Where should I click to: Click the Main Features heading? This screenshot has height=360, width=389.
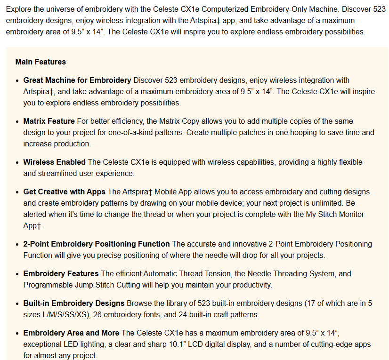[41, 62]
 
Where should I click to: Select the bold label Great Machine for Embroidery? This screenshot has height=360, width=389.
[77, 80]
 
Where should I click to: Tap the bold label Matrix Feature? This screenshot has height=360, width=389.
[49, 121]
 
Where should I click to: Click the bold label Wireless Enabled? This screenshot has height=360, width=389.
[54, 162]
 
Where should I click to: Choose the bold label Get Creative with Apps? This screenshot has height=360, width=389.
[65, 192]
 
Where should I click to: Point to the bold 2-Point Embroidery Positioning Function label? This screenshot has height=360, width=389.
[97, 244]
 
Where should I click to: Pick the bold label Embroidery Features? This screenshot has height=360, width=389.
[61, 273]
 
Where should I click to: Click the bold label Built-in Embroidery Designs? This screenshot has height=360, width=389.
[74, 303]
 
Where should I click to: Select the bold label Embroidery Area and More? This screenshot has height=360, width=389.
[71, 333]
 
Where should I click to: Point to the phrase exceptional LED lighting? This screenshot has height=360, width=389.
[65, 344]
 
